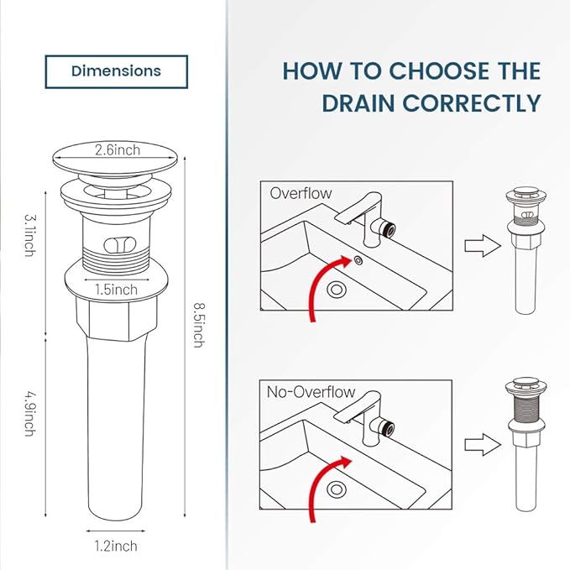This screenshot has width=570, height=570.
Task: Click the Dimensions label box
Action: (x=116, y=71)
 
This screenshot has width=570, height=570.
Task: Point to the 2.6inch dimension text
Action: (x=118, y=151)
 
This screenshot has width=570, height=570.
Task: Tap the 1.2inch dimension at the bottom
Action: (x=115, y=546)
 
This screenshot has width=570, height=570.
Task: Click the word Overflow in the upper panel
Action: (x=301, y=193)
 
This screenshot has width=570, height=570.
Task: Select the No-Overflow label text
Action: (x=311, y=392)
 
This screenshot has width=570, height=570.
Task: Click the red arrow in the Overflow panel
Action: (x=323, y=285)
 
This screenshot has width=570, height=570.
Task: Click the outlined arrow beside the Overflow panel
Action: (x=476, y=248)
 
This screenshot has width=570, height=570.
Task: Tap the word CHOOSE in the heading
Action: (x=423, y=71)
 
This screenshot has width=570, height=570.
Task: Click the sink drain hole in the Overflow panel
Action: (x=337, y=290)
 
